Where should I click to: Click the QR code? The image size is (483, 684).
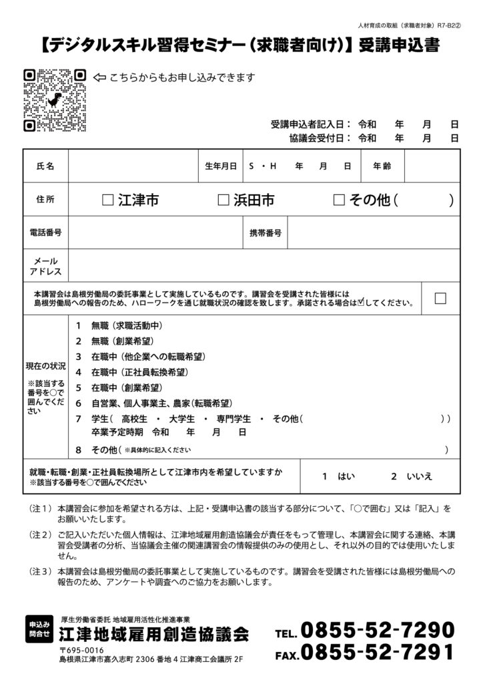pos(55,101)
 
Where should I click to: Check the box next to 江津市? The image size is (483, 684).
pos(108,200)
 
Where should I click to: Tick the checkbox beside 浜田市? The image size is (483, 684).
pos(223,200)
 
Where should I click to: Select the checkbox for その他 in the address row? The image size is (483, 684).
pos(338,200)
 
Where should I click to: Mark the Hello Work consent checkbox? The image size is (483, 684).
pos(440,299)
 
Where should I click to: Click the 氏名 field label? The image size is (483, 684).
pos(45,166)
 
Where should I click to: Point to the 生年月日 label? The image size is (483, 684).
pos(221,166)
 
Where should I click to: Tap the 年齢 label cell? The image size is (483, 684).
pos(382,166)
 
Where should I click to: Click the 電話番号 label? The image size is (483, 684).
pos(45,232)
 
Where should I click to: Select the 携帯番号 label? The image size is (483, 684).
pos(265,232)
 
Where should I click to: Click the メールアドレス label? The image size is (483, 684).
pos(45,266)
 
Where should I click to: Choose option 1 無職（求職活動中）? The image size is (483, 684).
pos(120,326)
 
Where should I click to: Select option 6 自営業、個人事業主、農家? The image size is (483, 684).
pos(153,403)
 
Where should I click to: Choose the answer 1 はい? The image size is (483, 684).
pos(338,476)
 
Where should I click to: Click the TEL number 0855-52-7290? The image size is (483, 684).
pos(377,630)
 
